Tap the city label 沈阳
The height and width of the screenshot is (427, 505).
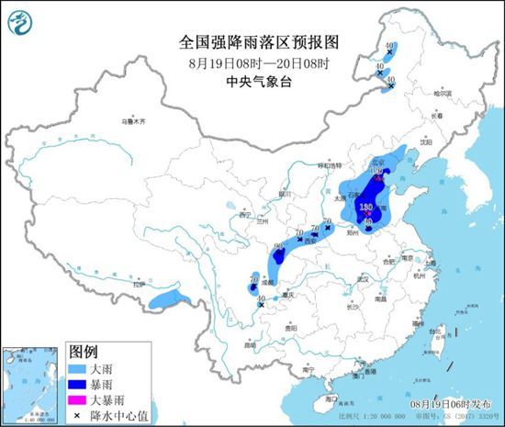click(424, 142)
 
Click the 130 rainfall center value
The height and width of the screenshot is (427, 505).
click(366, 208)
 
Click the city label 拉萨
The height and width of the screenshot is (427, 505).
click(137, 286)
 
